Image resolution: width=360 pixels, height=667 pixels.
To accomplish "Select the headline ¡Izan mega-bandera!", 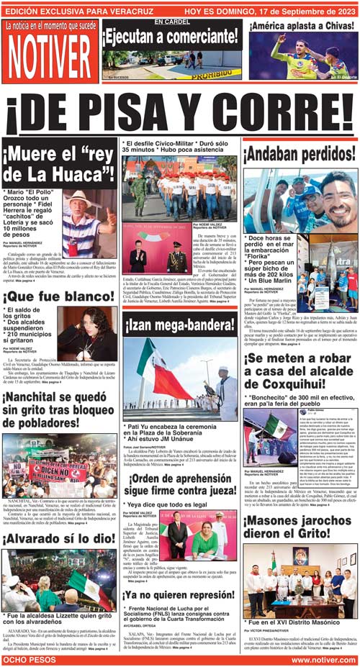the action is click(179, 325).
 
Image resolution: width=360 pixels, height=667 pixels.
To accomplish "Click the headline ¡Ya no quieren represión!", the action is click(179, 595).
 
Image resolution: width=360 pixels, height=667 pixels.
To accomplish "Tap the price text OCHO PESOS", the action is click(30, 659).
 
